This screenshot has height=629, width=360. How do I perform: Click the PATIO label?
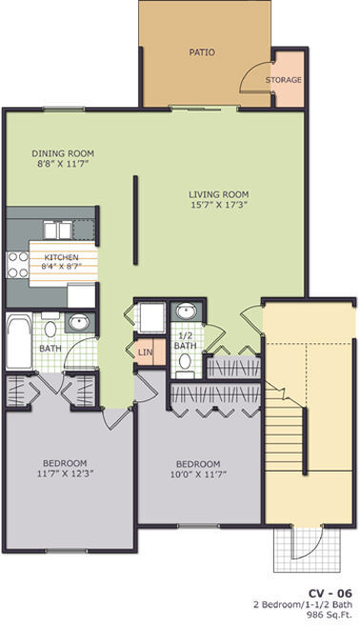coord(201,52)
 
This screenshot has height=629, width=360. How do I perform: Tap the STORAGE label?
coord(284,80)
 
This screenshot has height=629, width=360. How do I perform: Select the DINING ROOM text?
coord(62,152)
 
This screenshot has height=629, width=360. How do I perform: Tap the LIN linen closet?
coord(146,353)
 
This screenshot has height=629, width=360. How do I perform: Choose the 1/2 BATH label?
coord(187,340)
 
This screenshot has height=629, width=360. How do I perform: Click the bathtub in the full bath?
coord(20,335)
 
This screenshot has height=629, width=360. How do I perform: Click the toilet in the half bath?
coord(186,367)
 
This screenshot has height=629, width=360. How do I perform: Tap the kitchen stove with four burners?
coord(18,264)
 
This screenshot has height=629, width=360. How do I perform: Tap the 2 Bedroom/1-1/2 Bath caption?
coord(303,605)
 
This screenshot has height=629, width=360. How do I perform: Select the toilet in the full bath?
coord(50,329)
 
